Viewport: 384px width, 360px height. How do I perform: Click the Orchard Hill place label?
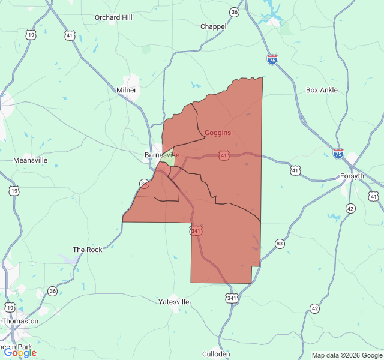tap(113, 17)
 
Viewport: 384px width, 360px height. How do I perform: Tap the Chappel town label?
tap(213, 26)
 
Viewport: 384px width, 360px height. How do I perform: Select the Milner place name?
tap(127, 90)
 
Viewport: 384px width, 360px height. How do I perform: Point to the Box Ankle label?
tap(322, 90)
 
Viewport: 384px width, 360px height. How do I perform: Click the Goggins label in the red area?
tap(218, 133)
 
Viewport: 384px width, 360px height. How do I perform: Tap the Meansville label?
tap(30, 160)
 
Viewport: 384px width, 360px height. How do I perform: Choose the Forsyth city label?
tap(352, 176)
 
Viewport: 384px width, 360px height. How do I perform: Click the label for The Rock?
tap(88, 250)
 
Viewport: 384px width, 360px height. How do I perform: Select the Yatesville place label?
tap(174, 302)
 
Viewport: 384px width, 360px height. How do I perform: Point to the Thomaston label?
tap(20, 321)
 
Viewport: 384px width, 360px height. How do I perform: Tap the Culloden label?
tap(216, 354)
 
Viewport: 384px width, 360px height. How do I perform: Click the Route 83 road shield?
tap(280, 243)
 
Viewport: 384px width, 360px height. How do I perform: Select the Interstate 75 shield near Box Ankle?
tap(272, 59)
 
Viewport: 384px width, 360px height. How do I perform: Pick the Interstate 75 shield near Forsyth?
tap(338, 154)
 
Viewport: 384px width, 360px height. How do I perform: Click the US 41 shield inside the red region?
tap(224, 155)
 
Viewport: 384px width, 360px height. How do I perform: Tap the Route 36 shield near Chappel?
tap(234, 12)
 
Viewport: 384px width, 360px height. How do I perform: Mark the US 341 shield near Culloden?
tap(232, 298)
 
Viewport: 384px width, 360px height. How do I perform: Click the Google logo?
tap(20, 353)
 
